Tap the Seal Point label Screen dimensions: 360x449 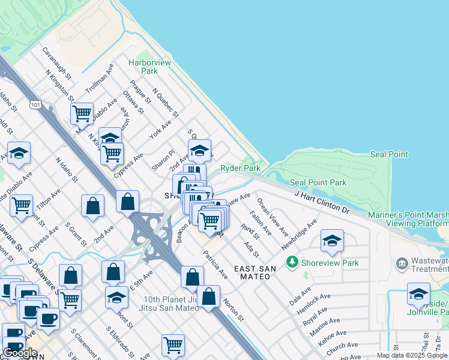click(x=389, y=154)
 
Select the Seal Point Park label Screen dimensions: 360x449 click(x=318, y=182)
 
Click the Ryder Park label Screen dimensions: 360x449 click(x=240, y=169)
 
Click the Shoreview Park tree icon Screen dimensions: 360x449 click(x=292, y=262)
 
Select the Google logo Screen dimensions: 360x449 click(x=20, y=353)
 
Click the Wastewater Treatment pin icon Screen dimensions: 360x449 click(x=402, y=263)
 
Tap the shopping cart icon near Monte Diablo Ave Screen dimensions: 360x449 click(x=82, y=113)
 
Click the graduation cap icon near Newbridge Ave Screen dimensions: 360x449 click(x=332, y=241)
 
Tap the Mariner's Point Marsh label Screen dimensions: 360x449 click(x=417, y=215)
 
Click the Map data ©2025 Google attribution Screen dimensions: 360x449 click(x=412, y=355)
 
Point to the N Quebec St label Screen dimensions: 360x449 click(x=166, y=103)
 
